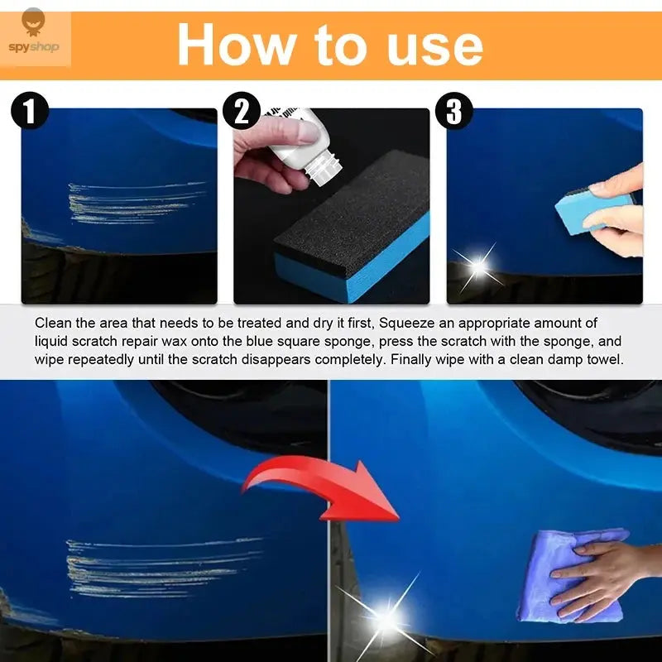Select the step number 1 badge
pyautogui.click(x=31, y=112)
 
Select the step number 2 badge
pyautogui.click(x=242, y=112)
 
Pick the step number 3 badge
pyautogui.click(x=454, y=112)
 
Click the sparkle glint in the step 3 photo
pyautogui.click(x=477, y=266)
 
